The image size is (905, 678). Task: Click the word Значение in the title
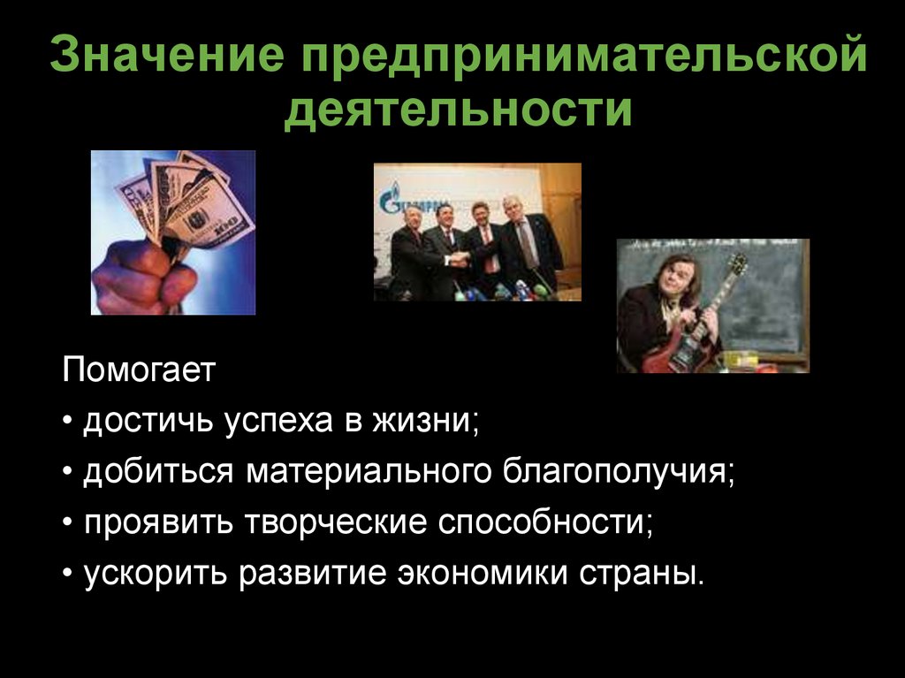[x=167, y=57]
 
